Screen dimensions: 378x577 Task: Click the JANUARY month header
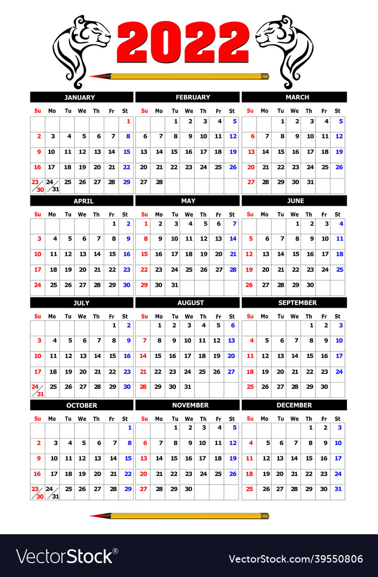tap(81, 97)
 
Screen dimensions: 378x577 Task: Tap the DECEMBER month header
tap(294, 405)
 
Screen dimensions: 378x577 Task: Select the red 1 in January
tap(128, 121)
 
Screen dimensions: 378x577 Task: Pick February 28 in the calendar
tap(159, 182)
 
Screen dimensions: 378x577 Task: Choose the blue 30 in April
tap(127, 285)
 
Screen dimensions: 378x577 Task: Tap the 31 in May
tap(174, 285)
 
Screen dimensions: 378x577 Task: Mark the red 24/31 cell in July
tap(37, 389)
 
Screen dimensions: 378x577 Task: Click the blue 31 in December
tap(338, 489)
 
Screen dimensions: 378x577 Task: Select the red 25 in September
tap(250, 386)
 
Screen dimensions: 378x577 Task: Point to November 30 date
tap(189, 489)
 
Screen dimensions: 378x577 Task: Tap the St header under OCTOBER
tap(125, 419)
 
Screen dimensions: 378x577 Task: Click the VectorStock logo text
tap(67, 557)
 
